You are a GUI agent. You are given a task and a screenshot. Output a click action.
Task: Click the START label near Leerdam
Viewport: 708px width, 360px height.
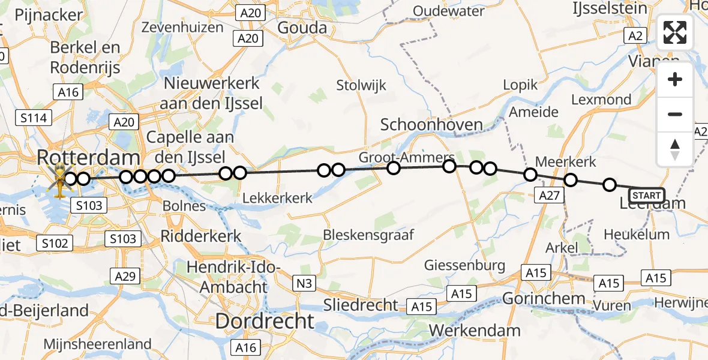[x=647, y=195]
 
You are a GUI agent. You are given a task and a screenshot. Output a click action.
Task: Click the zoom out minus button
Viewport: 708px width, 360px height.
[x=675, y=114]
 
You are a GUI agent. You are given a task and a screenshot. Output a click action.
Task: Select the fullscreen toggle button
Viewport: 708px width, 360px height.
[x=675, y=32]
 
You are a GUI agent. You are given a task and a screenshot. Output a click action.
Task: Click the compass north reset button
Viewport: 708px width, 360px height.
[x=675, y=149]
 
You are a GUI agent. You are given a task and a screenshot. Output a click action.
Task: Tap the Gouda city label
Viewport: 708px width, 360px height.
[x=302, y=28]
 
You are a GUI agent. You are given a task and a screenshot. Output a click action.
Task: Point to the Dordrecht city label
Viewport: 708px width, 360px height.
[x=265, y=320]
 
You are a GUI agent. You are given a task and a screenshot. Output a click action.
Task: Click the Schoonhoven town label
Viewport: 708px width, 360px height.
[x=431, y=125]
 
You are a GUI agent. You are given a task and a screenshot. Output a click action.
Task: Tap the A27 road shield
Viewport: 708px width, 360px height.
[x=549, y=194]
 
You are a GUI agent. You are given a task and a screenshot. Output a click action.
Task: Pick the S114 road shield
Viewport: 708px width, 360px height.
[x=33, y=118]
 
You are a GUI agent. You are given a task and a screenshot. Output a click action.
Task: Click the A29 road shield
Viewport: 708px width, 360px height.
[x=125, y=276]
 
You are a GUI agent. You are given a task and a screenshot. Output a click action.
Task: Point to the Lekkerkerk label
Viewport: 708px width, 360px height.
[x=277, y=197]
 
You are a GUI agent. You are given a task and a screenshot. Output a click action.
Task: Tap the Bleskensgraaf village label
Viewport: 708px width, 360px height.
[x=369, y=235]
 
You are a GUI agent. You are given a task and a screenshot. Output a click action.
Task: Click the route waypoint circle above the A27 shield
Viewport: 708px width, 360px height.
[x=530, y=175]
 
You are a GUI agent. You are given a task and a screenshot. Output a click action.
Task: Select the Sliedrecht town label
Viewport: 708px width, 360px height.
[x=361, y=304]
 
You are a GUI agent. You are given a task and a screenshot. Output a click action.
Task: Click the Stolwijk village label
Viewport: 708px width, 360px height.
[x=361, y=85]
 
